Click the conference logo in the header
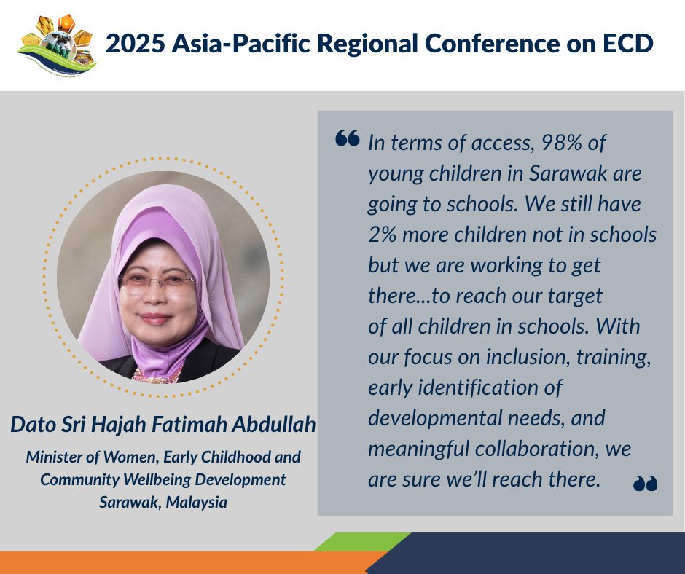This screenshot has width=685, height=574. coord(57,44)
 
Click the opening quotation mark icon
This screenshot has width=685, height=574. coord(348,138)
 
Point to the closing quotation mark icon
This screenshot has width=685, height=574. coord(645,482)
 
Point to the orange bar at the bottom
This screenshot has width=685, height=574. coord(182,562)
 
